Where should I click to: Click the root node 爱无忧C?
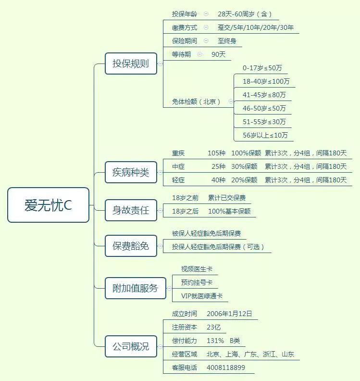pyautogui.click(x=49, y=205)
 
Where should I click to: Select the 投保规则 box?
pyautogui.click(x=131, y=63)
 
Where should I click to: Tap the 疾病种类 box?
pyautogui.click(x=131, y=172)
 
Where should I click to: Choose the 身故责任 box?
pyautogui.click(x=131, y=210)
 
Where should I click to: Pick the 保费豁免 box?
pyautogui.click(x=131, y=246)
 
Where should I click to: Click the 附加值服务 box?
pyautogui.click(x=136, y=288)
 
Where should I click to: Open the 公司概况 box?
pyautogui.click(x=131, y=346)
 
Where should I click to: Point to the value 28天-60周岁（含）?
pyautogui.click(x=245, y=14)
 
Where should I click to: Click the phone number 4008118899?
pyautogui.click(x=226, y=368)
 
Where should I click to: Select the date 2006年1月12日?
pyautogui.click(x=229, y=314)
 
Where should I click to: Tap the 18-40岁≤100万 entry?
pyautogui.click(x=266, y=81)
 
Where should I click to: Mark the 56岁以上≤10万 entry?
pyautogui.click(x=265, y=135)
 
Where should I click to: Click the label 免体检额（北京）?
pyautogui.click(x=196, y=102)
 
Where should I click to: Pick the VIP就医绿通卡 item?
pyautogui.click(x=202, y=296)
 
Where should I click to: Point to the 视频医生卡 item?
pyautogui.click(x=197, y=269)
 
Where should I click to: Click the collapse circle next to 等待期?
pyautogui.click(x=199, y=54)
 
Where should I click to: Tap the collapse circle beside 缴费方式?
pyautogui.click(x=206, y=27)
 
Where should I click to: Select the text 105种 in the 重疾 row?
pyautogui.click(x=217, y=153)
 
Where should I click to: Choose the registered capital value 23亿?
pyautogui.click(x=213, y=327)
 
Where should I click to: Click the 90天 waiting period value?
pyautogui.click(x=219, y=54)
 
